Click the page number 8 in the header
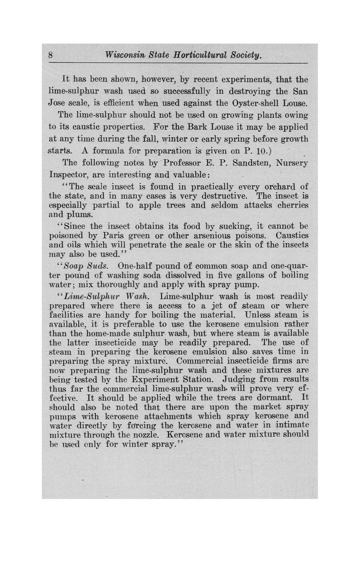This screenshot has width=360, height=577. (x=51, y=55)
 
